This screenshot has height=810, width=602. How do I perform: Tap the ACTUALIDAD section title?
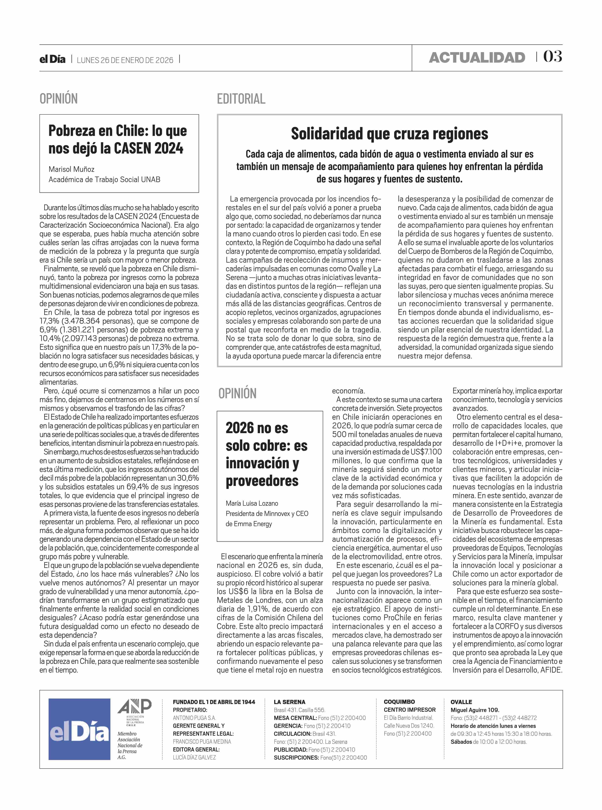coord(477,58)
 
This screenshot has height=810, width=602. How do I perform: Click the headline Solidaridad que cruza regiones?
coord(389,134)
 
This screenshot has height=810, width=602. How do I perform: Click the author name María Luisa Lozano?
coord(252,503)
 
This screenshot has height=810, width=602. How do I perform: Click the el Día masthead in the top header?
coord(53,59)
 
